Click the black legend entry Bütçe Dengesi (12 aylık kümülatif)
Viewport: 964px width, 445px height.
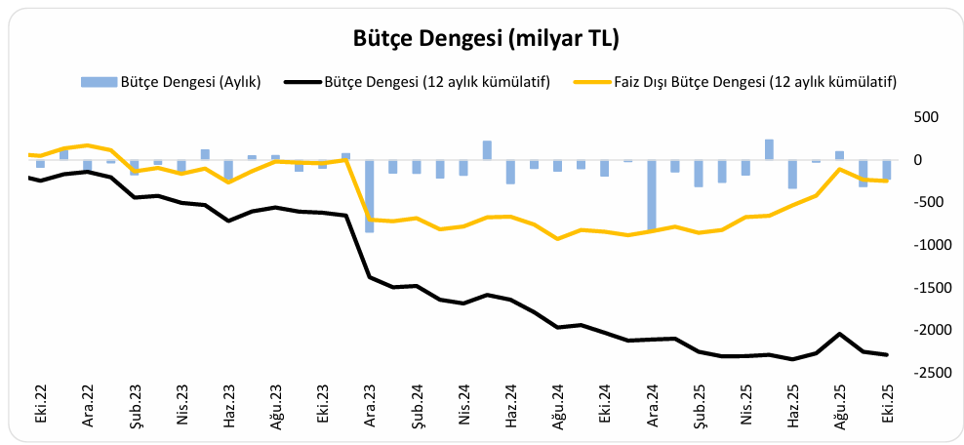(436, 82)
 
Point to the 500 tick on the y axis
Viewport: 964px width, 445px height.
(924, 117)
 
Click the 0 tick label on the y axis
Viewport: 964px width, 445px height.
(932, 160)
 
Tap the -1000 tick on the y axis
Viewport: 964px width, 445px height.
(920, 245)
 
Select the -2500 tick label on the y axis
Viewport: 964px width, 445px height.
(920, 373)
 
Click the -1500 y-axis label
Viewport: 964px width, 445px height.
(920, 288)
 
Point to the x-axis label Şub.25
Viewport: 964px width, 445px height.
(700, 402)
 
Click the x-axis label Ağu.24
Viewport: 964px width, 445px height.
(559, 402)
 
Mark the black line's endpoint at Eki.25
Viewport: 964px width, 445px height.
(887, 354)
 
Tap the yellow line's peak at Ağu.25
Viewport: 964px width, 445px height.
(839, 169)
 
